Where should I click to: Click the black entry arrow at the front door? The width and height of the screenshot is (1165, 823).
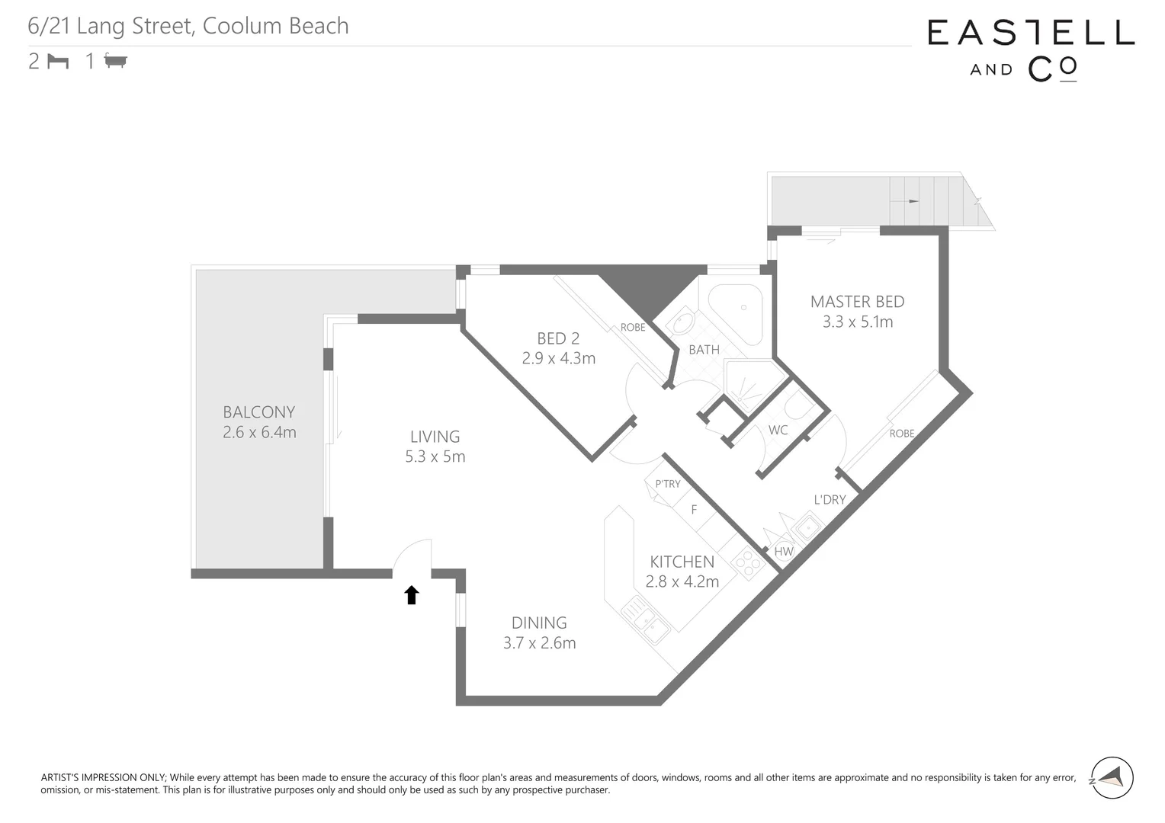[x=412, y=595]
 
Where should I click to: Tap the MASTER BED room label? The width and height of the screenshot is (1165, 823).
[x=857, y=302]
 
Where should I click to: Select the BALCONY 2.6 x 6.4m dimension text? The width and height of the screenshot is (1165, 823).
[x=259, y=433]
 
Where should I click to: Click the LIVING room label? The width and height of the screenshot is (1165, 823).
[x=435, y=437]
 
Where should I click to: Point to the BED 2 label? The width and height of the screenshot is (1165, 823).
[x=558, y=338]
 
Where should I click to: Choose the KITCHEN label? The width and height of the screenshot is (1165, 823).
[x=682, y=562]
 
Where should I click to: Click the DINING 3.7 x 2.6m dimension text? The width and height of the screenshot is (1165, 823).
[x=539, y=643]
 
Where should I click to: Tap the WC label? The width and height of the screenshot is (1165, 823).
[x=778, y=431]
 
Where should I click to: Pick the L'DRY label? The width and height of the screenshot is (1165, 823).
[x=830, y=500]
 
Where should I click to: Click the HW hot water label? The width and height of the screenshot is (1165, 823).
[x=784, y=552]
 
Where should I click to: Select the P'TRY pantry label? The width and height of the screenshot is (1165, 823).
[x=667, y=484]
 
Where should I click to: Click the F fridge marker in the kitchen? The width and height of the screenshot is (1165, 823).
[x=694, y=510]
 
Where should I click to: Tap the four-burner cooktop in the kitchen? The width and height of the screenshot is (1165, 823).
[x=747, y=563]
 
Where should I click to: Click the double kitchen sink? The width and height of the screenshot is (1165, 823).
[x=645, y=620]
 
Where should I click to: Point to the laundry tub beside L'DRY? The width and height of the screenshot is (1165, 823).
[x=806, y=526]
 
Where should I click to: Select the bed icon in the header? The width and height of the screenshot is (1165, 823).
[x=58, y=61]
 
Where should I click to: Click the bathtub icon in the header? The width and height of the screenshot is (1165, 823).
[x=116, y=61]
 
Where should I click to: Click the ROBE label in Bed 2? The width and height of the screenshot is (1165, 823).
[x=632, y=328]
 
